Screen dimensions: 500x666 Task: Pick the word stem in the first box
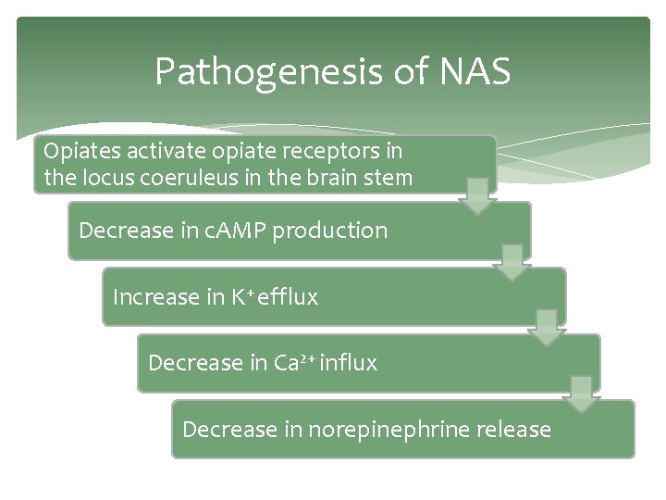point(389,178)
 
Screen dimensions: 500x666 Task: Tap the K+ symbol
point(243,296)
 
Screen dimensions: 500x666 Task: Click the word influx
point(349,363)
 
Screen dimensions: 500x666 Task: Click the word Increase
point(155,297)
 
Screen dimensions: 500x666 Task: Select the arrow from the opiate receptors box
point(478,196)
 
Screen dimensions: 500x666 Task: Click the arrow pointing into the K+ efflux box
point(512,263)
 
